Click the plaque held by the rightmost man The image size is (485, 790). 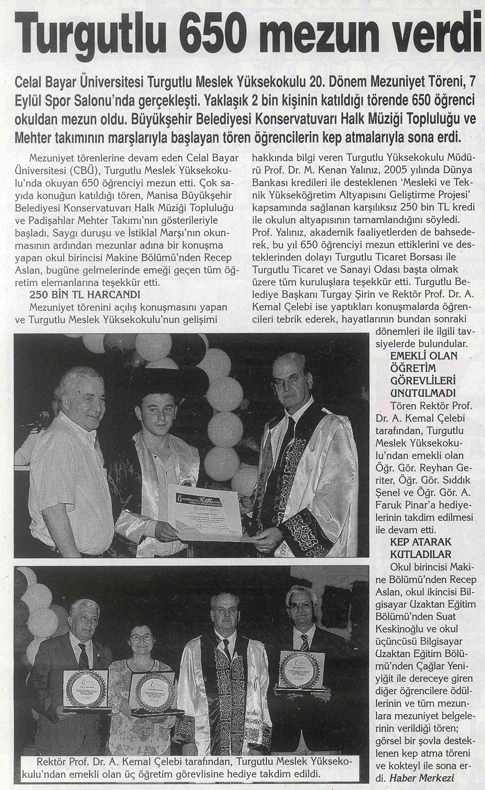(x=301, y=669)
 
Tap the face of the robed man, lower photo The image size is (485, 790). (x=226, y=612)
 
